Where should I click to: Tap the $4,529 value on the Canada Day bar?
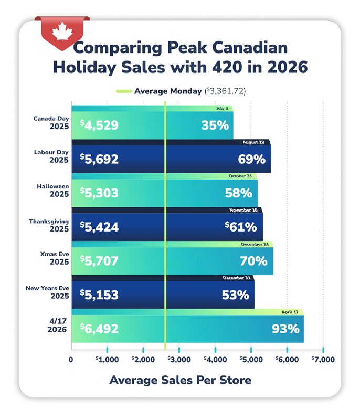coord(99,125)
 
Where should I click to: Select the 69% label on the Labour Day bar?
coord(252,159)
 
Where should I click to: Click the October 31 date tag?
coord(241,176)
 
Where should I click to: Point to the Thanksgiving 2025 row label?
coord(49,225)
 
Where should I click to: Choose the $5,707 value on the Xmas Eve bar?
coord(99,260)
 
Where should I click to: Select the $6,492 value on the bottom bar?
coord(99,329)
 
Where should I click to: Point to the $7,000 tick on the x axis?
coord(323,360)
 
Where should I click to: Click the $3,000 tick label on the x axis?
coord(179,360)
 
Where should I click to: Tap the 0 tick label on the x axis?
coord(71,360)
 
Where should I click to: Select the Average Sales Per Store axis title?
coord(180,380)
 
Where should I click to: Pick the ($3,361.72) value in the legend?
coord(225,91)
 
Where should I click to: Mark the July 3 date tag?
coord(223,108)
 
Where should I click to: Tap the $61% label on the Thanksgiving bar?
coord(240,227)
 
